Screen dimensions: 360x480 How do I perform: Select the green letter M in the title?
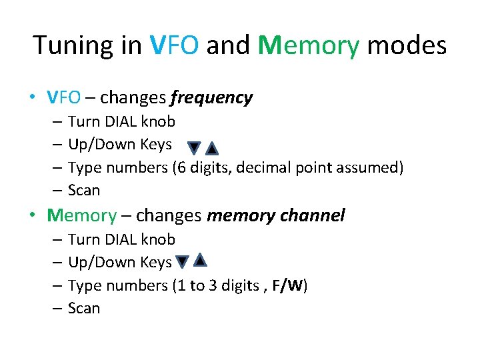click(x=270, y=45)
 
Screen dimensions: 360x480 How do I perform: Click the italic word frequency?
click(x=211, y=98)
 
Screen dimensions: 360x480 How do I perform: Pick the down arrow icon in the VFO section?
click(x=193, y=147)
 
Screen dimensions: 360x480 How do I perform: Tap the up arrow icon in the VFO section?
click(x=211, y=147)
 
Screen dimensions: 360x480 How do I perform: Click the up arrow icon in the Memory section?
click(x=200, y=260)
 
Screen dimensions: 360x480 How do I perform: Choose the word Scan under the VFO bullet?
click(x=84, y=191)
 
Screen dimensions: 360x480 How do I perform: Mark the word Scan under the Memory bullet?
click(x=84, y=309)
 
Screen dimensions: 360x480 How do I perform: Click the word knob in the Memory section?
click(x=159, y=239)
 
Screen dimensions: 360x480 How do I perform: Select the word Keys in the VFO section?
click(x=156, y=145)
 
